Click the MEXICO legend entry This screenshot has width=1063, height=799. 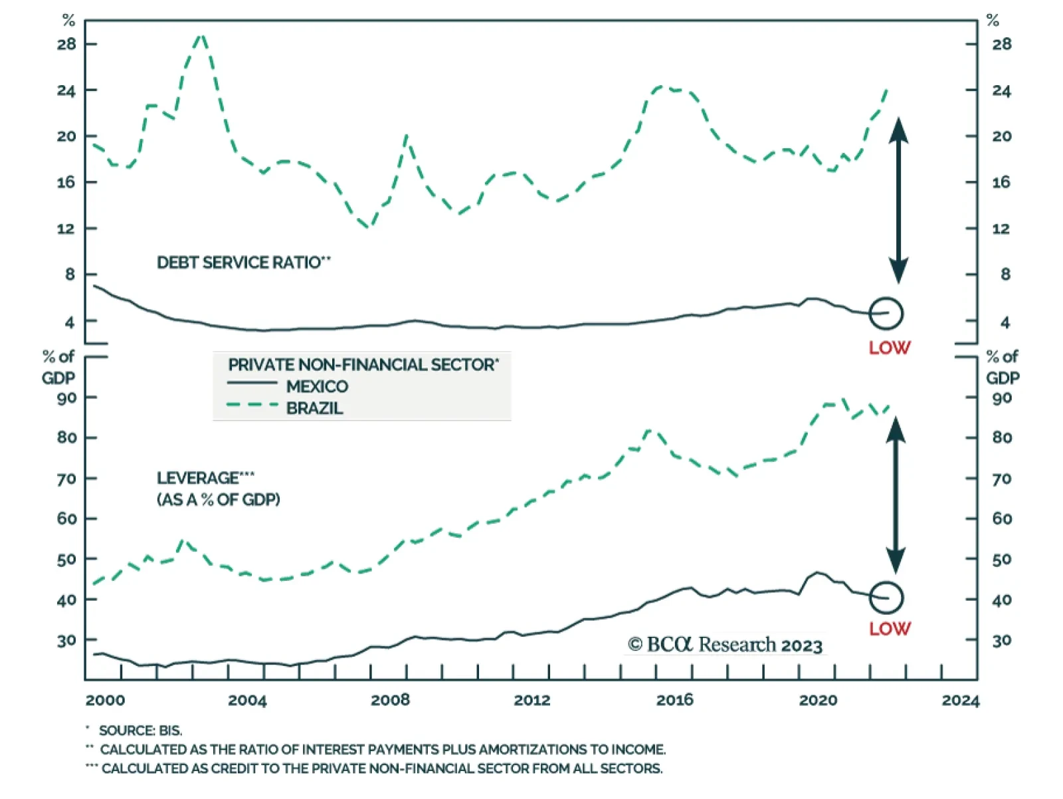click(x=317, y=386)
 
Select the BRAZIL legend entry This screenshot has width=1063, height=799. click(x=314, y=408)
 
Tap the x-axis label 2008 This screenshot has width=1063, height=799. click(x=390, y=700)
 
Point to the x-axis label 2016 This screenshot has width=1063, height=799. click(x=674, y=700)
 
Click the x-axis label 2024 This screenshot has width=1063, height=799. click(x=960, y=701)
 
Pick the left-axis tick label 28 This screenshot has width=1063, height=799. click(x=66, y=45)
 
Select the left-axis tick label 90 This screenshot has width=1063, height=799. click(x=66, y=398)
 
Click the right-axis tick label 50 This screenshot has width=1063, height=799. click(x=1002, y=560)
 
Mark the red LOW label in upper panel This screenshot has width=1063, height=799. click(x=890, y=348)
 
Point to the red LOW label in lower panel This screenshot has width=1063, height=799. click(x=890, y=629)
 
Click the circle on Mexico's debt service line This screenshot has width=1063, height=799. click(x=886, y=313)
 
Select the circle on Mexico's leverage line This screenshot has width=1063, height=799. click(x=886, y=598)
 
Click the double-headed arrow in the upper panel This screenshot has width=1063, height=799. click(x=898, y=200)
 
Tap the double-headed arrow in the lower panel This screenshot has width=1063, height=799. click(x=896, y=495)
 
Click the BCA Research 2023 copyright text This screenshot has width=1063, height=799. click(x=725, y=645)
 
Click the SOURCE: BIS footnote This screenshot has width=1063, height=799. click(x=140, y=731)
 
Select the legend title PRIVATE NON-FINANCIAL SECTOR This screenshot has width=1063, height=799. click(x=363, y=365)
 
